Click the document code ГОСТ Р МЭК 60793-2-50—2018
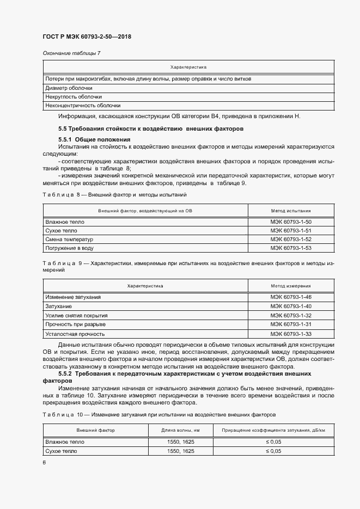87,37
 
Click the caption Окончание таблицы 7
71,53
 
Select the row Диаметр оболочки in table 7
69,88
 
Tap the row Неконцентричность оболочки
83,106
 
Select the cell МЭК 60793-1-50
290,222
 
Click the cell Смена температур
70,240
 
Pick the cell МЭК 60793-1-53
290,248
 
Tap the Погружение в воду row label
70,248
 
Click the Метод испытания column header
290,210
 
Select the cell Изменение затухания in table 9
73,298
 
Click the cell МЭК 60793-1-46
290,298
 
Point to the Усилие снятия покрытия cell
76,315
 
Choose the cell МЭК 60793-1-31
290,324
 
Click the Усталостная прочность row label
75,333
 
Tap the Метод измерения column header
290,285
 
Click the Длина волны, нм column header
181,430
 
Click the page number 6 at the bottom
44,462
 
